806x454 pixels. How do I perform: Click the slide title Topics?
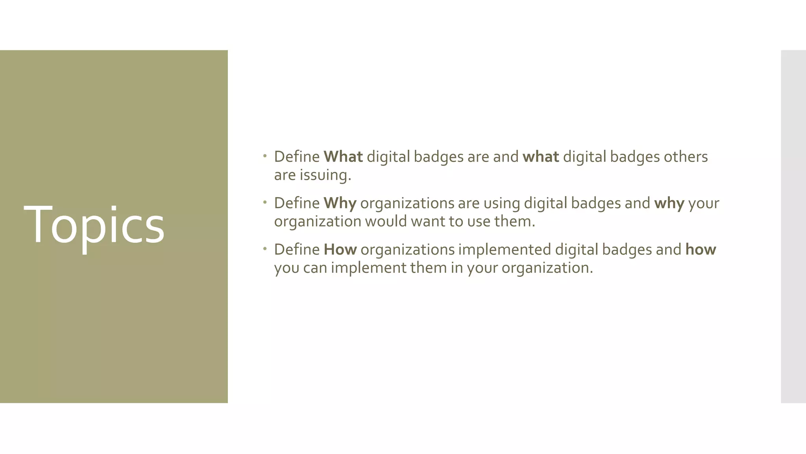pyautogui.click(x=94, y=225)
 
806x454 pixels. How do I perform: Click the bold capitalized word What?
pyautogui.click(x=343, y=157)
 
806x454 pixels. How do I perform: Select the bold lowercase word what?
pyautogui.click(x=540, y=157)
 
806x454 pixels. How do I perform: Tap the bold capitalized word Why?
pyautogui.click(x=340, y=203)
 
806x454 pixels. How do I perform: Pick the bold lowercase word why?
pyautogui.click(x=669, y=203)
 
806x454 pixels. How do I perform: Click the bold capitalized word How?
pyautogui.click(x=340, y=249)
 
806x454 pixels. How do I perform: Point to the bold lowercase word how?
pyautogui.click(x=701, y=249)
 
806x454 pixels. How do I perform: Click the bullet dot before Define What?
pyautogui.click(x=265, y=156)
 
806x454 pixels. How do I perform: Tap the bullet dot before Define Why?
pyautogui.click(x=265, y=203)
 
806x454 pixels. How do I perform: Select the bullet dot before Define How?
pyautogui.click(x=265, y=249)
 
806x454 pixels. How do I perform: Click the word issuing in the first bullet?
pyautogui.click(x=325, y=175)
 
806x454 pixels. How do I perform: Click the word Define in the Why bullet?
pyautogui.click(x=297, y=203)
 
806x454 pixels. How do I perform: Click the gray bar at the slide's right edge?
pyautogui.click(x=793, y=226)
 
